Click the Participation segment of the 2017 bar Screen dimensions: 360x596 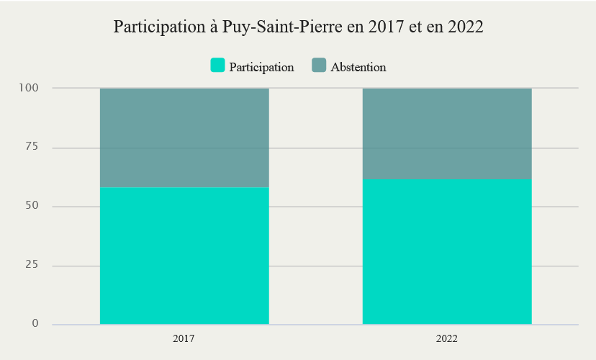click(x=184, y=256)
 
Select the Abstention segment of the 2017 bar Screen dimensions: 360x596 click(x=184, y=138)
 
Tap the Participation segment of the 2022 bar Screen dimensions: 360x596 click(x=447, y=252)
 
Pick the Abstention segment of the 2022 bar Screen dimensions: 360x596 click(x=447, y=134)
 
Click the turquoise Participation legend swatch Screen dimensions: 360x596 click(x=217, y=66)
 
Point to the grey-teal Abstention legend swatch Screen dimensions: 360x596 click(x=319, y=66)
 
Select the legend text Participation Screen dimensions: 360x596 click(x=261, y=67)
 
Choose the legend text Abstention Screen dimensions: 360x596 click(x=358, y=67)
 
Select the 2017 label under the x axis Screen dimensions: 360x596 click(x=184, y=338)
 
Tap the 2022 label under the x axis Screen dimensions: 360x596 click(x=447, y=338)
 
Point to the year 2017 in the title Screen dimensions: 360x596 click(x=387, y=27)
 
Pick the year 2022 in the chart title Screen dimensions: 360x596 click(x=464, y=27)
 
